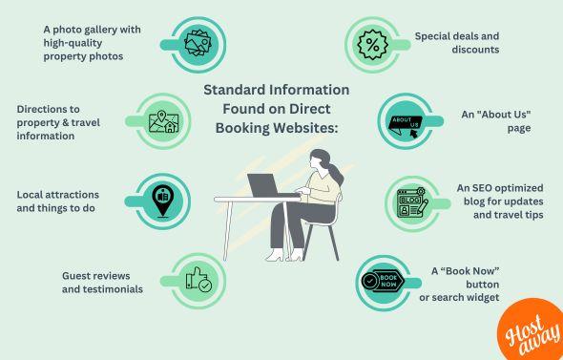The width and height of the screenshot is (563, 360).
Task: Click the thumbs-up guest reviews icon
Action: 199,280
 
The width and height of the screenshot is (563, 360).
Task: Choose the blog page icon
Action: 412,202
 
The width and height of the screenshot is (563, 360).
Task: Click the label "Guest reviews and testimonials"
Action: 102,281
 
